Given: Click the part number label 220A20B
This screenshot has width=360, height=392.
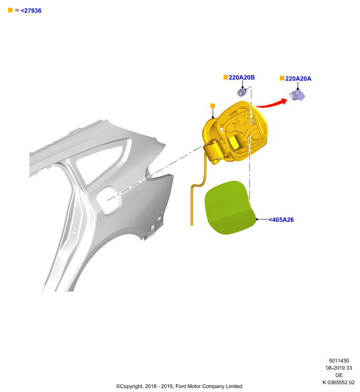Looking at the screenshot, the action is pyautogui.click(x=241, y=77).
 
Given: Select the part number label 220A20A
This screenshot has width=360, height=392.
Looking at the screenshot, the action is pyautogui.click(x=298, y=78).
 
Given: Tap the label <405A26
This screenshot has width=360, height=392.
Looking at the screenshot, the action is pyautogui.click(x=281, y=220).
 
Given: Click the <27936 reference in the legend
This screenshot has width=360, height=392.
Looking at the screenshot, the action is pyautogui.click(x=31, y=10).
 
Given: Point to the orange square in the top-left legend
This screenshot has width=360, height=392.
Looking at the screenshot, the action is pyautogui.click(x=10, y=10).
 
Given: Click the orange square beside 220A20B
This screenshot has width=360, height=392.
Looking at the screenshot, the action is pyautogui.click(x=226, y=77).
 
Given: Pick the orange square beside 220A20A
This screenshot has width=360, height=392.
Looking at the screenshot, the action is pyautogui.click(x=282, y=78).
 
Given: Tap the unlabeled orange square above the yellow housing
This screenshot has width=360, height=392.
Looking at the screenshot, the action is pyautogui.click(x=213, y=106).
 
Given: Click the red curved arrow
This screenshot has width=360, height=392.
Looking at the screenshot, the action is pyautogui.click(x=271, y=104).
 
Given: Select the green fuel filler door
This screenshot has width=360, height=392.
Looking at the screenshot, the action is pyautogui.click(x=229, y=207).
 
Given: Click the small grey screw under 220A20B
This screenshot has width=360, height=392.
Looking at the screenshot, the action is pyautogui.click(x=241, y=92).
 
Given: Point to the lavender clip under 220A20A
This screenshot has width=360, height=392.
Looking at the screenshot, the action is pyautogui.click(x=297, y=95).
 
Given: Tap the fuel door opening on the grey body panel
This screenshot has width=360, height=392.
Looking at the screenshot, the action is pyautogui.click(x=108, y=200).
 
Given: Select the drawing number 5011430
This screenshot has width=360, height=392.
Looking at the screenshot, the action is pyautogui.click(x=339, y=361).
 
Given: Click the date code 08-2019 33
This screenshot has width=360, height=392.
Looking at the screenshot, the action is pyautogui.click(x=339, y=368).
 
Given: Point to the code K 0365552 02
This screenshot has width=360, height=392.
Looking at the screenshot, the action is pyautogui.click(x=338, y=382).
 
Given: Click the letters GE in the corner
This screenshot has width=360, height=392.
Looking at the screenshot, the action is pyautogui.click(x=339, y=375).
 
